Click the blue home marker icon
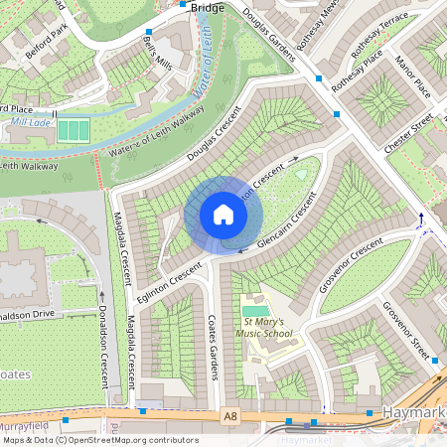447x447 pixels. (x=223, y=215)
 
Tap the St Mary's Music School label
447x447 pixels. (x=264, y=328)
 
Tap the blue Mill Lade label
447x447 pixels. (x=30, y=124)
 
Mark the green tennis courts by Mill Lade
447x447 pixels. (x=72, y=130)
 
